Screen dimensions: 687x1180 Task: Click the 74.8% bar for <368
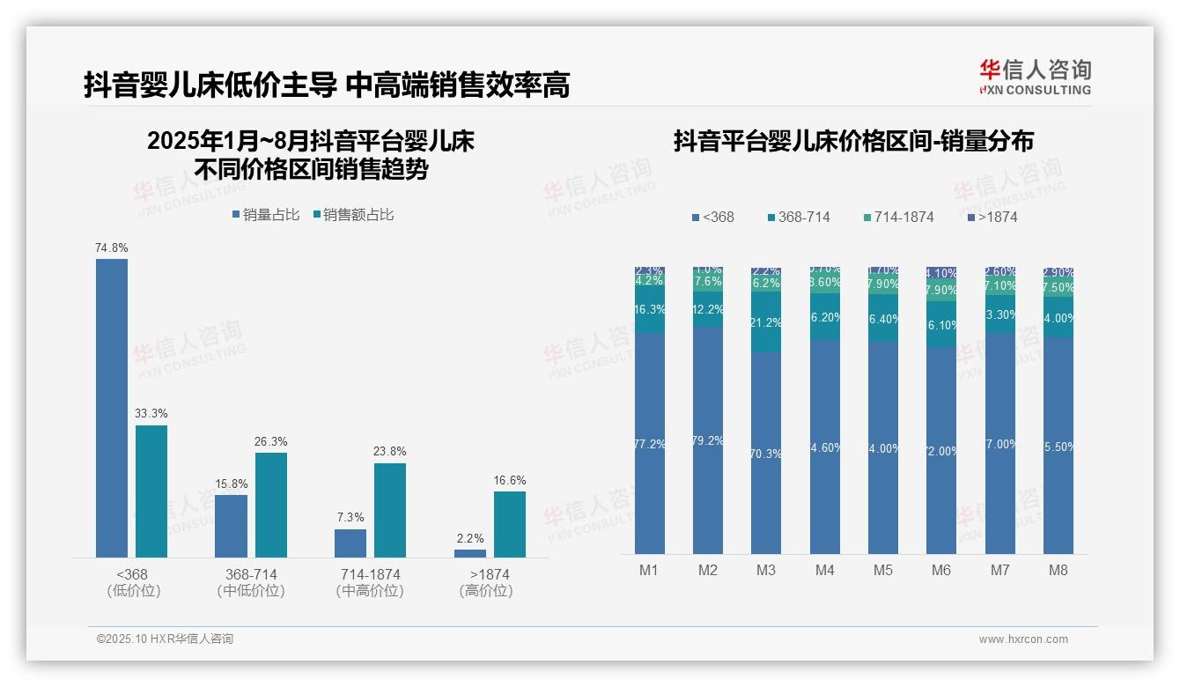[x=112, y=407]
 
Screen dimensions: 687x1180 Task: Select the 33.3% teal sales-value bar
[x=151, y=491]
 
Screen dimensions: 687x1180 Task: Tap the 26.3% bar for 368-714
[x=271, y=505]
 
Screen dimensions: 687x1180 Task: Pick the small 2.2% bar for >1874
[x=470, y=553]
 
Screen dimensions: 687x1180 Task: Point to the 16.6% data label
[x=510, y=481]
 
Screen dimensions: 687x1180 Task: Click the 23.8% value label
[x=390, y=452]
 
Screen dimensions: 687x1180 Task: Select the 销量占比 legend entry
[x=266, y=215]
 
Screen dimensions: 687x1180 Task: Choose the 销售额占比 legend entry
[x=353, y=215]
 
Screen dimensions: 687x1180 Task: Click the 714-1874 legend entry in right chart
[x=897, y=217]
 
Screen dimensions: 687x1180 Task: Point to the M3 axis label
[x=766, y=570]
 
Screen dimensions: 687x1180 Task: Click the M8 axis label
[x=1058, y=570]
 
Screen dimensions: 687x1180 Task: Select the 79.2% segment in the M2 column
[x=708, y=440]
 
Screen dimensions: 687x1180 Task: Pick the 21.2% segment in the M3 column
[x=766, y=322]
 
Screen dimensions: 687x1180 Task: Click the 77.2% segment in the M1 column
[x=650, y=443]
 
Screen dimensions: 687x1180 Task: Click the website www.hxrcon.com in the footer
[x=1023, y=639]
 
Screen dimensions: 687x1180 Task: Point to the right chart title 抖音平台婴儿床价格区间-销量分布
[x=853, y=141]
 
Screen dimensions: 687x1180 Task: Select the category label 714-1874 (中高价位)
[x=370, y=582]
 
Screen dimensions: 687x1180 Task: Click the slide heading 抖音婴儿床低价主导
[x=210, y=85]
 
